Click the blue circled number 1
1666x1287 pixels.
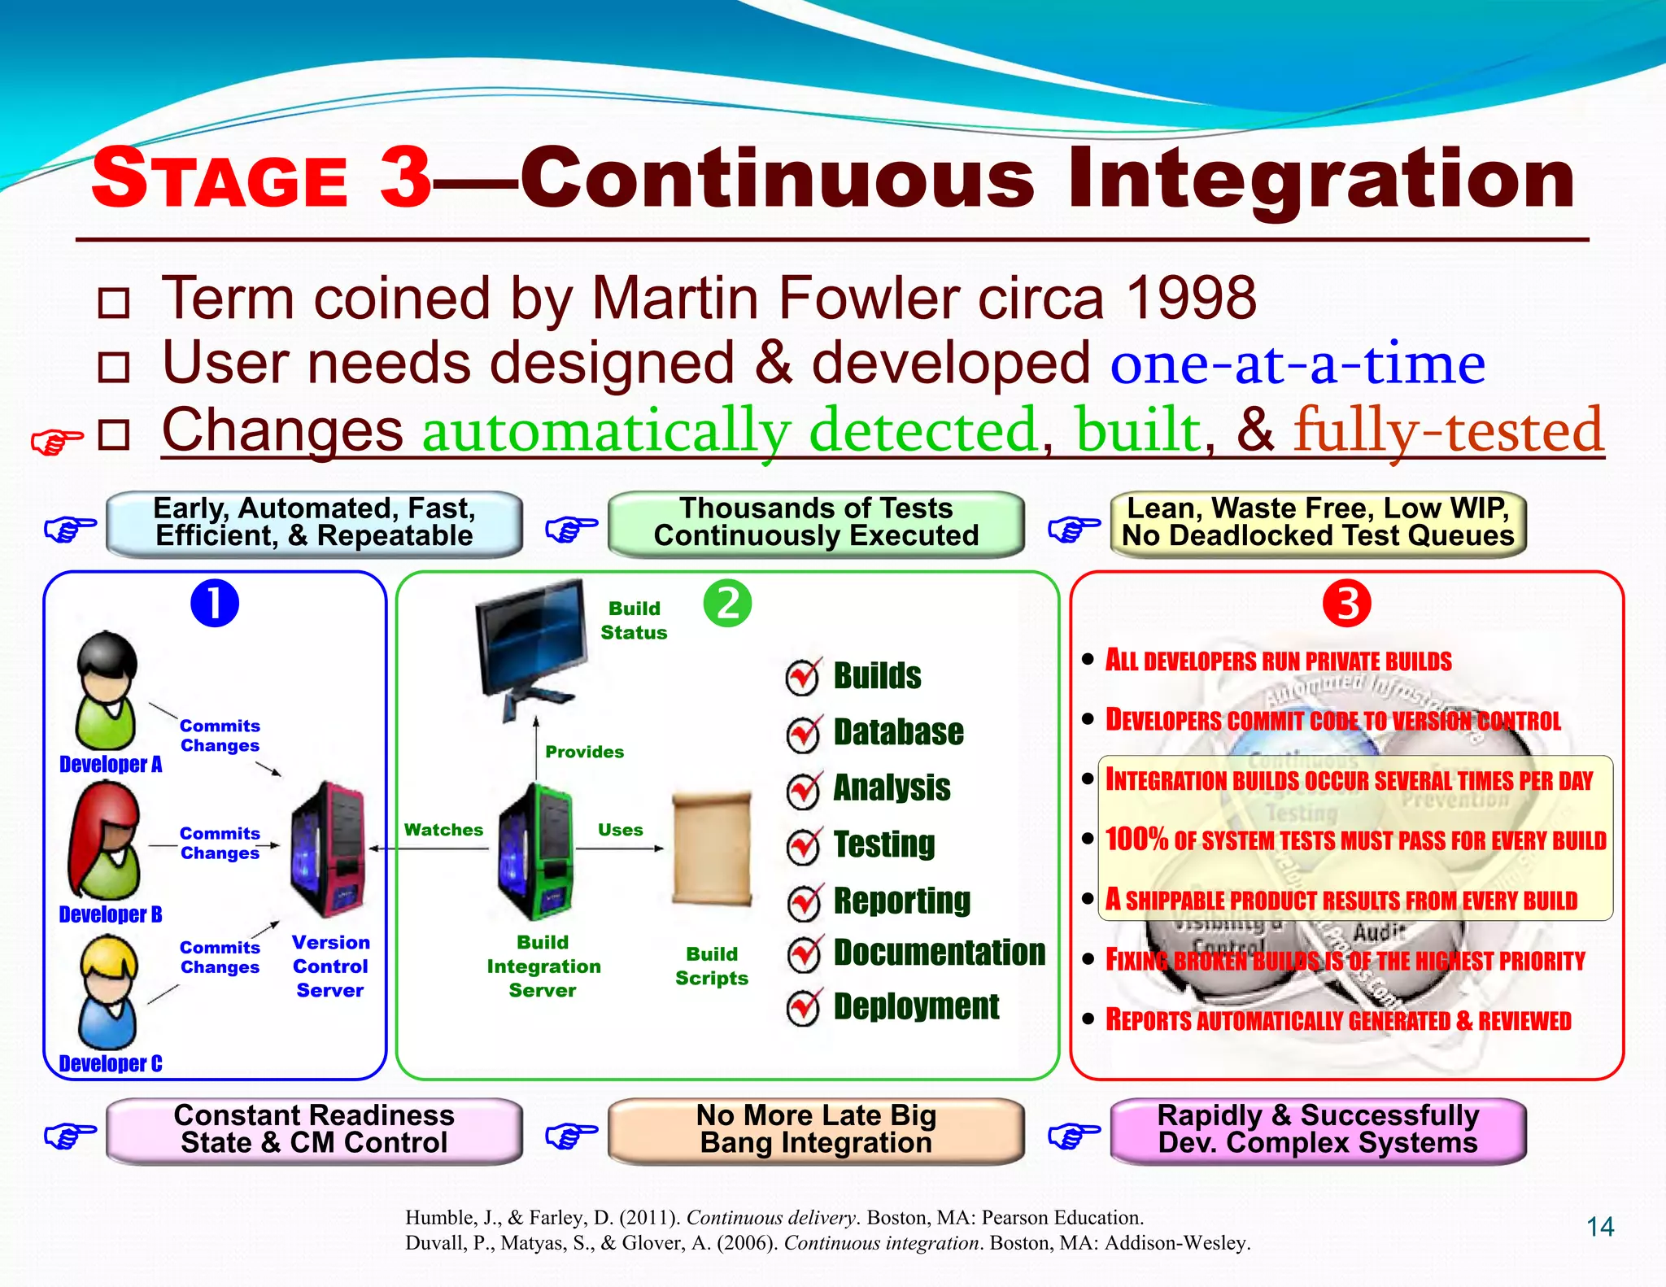click(x=215, y=604)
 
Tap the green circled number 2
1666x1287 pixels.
click(x=727, y=604)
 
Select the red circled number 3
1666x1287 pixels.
click(x=1346, y=604)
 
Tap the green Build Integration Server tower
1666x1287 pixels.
click(x=536, y=850)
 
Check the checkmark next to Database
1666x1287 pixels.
click(x=804, y=734)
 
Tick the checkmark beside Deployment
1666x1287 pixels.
click(x=804, y=1008)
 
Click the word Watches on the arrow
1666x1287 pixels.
click(x=443, y=830)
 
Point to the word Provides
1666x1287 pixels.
click(x=584, y=752)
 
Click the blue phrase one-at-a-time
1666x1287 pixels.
click(x=1297, y=364)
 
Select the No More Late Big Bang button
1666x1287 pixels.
click(x=816, y=1130)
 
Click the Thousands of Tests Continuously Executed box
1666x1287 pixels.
click(x=816, y=523)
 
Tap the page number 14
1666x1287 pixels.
click(x=1600, y=1227)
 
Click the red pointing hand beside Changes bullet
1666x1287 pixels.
click(x=57, y=441)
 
